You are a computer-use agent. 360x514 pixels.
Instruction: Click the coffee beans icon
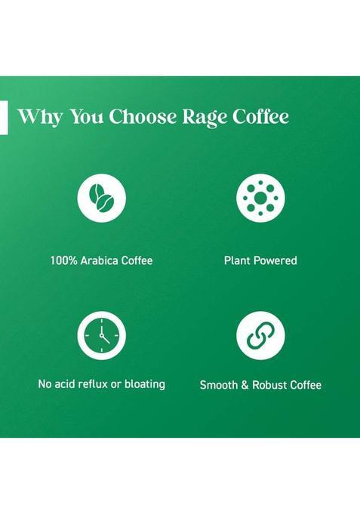(x=101, y=198)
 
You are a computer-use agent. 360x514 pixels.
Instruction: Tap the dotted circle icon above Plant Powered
(x=260, y=198)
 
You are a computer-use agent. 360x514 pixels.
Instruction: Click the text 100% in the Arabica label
(x=63, y=260)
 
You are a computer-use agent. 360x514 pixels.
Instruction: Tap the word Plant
(x=237, y=260)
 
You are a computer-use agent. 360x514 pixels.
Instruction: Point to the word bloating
(x=144, y=384)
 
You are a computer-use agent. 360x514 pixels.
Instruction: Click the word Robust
(x=275, y=385)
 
